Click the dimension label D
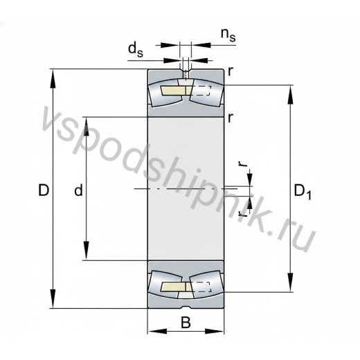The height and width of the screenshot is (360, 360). [x=44, y=190]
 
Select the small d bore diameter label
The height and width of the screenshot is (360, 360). [x=78, y=190]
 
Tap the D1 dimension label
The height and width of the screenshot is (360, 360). [x=303, y=192]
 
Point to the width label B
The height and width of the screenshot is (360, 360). [x=186, y=323]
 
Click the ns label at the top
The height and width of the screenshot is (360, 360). [x=228, y=35]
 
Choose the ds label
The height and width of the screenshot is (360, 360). [x=136, y=51]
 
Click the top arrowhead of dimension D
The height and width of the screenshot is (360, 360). [x=53, y=78]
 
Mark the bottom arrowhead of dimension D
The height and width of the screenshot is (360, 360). [x=53, y=299]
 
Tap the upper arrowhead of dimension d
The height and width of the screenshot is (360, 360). [x=86, y=127]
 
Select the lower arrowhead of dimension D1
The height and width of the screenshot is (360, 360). [x=290, y=282]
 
